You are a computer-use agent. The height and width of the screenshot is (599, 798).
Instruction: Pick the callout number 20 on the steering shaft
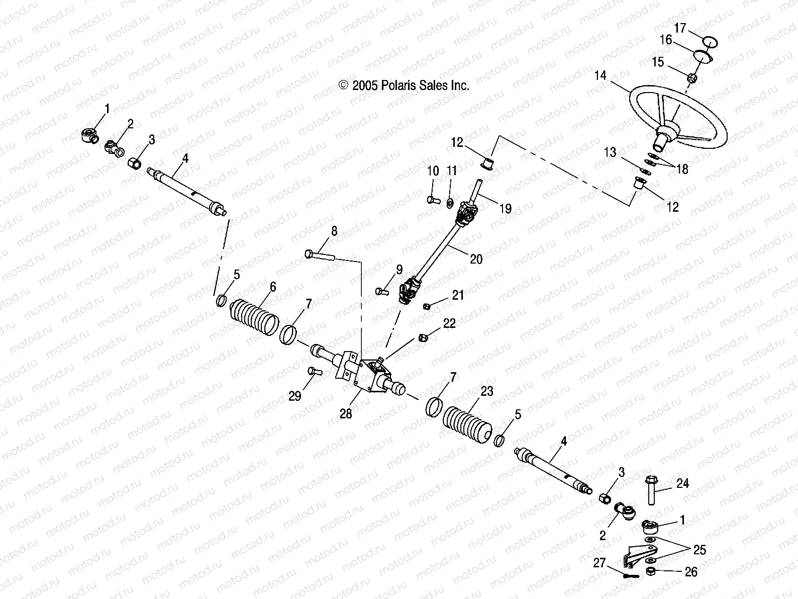pyautogui.click(x=476, y=259)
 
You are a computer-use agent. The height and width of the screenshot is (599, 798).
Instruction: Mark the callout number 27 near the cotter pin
pyautogui.click(x=600, y=564)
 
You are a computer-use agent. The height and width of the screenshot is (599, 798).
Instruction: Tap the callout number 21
pyautogui.click(x=458, y=295)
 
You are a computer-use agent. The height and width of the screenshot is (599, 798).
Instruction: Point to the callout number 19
pyautogui.click(x=506, y=208)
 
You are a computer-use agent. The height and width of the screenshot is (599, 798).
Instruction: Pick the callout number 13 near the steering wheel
pyautogui.click(x=610, y=152)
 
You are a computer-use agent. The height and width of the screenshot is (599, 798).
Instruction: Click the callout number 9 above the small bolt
pyautogui.click(x=399, y=270)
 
